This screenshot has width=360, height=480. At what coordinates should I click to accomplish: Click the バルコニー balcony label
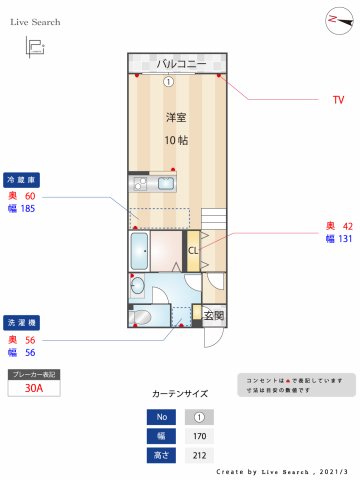(x=181, y=65)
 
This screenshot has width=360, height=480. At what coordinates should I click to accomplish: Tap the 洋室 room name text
(x=176, y=117)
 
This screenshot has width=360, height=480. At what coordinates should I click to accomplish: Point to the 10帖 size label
(x=176, y=140)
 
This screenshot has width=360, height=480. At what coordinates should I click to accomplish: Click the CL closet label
(x=193, y=250)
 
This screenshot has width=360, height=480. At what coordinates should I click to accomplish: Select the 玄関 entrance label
(x=214, y=316)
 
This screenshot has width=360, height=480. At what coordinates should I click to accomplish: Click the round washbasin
(x=137, y=288)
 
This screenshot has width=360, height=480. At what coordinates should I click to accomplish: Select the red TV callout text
(x=338, y=100)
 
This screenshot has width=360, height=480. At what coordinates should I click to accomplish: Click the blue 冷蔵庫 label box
(x=21, y=180)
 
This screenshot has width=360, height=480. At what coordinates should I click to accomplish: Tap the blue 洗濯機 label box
(x=21, y=323)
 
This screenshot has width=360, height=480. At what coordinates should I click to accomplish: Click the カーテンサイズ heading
(x=181, y=394)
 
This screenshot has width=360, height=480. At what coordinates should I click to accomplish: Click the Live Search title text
(x=35, y=21)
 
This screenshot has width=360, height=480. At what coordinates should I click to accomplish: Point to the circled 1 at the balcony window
(x=169, y=82)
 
